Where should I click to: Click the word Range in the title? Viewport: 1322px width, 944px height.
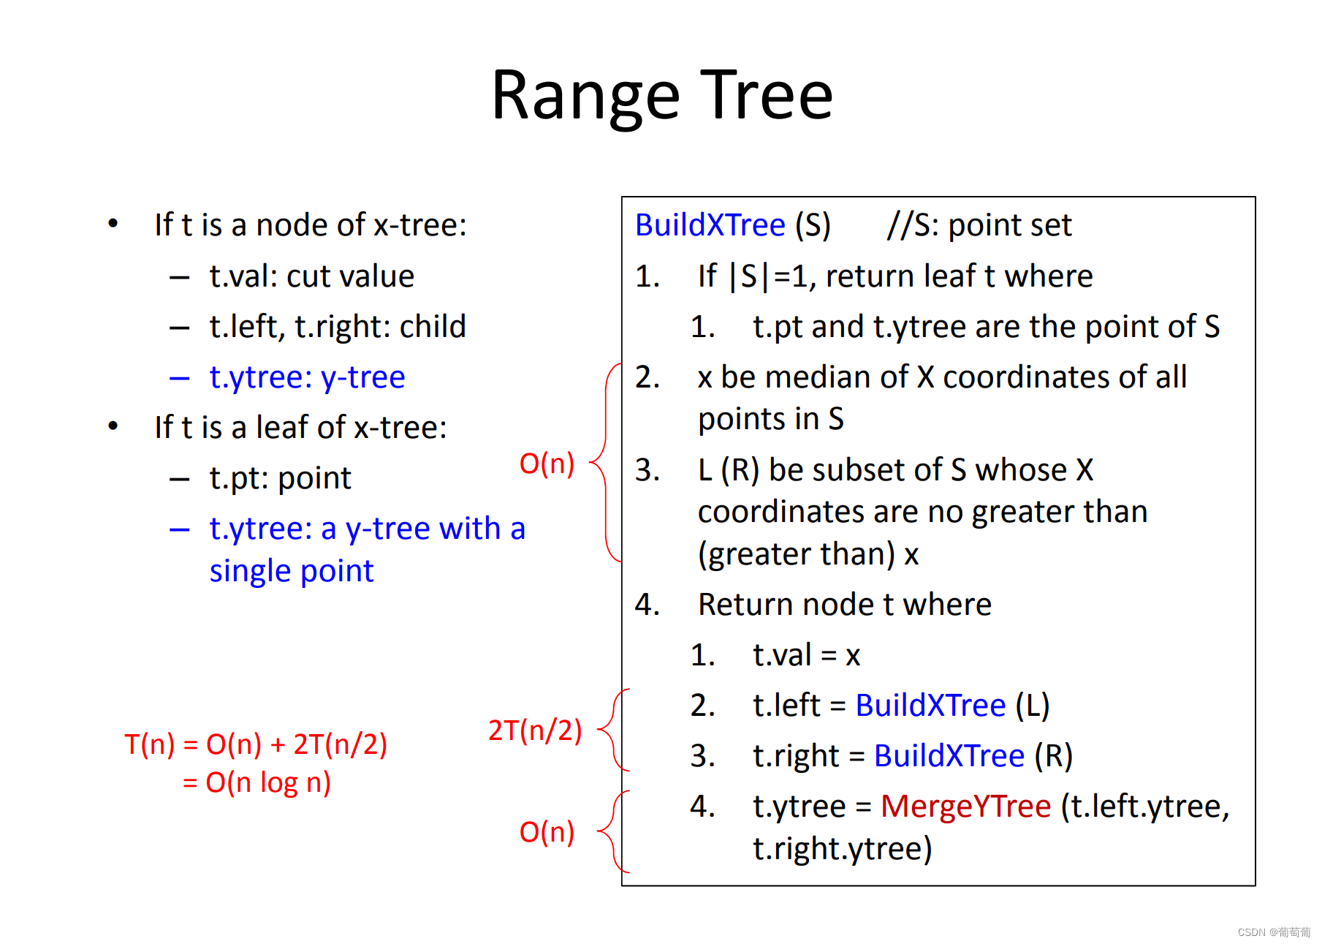[585, 96]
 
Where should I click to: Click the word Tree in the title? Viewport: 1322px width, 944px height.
[767, 96]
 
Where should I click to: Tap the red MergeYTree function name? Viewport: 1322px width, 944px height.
[965, 807]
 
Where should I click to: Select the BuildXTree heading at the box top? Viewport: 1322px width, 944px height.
[710, 225]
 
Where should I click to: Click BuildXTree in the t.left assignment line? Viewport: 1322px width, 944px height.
[930, 706]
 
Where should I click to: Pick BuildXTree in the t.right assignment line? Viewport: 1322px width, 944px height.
[949, 756]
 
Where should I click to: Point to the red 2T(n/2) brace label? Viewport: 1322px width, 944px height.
[534, 730]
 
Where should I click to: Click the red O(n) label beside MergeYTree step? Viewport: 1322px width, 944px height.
[547, 832]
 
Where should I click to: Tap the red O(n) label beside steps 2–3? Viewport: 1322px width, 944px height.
[547, 464]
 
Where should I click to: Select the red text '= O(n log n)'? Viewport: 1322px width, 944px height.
[257, 783]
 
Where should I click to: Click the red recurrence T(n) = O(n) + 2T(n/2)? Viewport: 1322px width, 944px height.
[256, 744]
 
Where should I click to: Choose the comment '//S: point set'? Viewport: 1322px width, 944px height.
[979, 225]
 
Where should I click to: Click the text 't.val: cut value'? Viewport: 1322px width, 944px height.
[312, 276]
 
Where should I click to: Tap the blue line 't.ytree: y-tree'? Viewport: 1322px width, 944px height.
[307, 377]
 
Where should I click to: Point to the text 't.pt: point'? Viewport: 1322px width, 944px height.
[280, 478]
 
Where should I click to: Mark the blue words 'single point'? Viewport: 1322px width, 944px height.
[292, 571]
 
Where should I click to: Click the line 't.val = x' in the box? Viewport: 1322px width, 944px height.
[806, 655]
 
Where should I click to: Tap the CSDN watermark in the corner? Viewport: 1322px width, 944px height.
[1273, 932]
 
